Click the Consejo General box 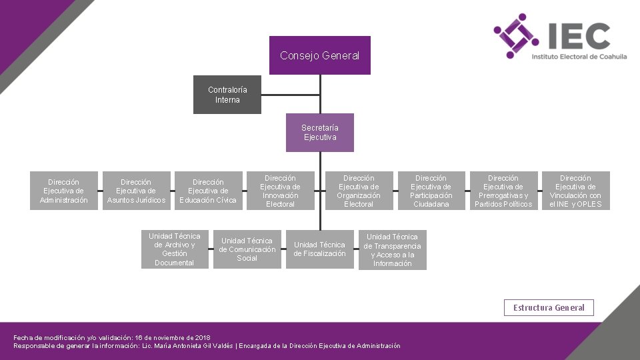tap(320, 55)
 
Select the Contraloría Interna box tap(227, 95)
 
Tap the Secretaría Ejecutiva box tap(319, 133)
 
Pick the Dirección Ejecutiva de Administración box tap(63, 191)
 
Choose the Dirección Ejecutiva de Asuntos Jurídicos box tap(136, 191)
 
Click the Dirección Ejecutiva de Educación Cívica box tap(208, 191)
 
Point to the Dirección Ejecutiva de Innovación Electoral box tap(280, 191)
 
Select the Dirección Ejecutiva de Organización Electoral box tap(359, 191)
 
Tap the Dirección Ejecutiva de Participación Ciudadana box tap(431, 191)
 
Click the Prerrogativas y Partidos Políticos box tap(503, 191)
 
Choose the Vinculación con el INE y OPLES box tap(575, 191)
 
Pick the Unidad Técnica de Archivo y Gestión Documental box tap(175, 249)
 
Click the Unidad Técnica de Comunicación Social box tap(247, 249)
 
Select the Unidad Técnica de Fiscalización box tap(319, 249)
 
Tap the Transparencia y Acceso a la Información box tap(392, 250)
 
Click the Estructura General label tap(549, 307)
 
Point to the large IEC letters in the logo tap(577, 37)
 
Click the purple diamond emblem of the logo tap(515, 36)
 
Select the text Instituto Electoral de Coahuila tap(579, 57)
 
